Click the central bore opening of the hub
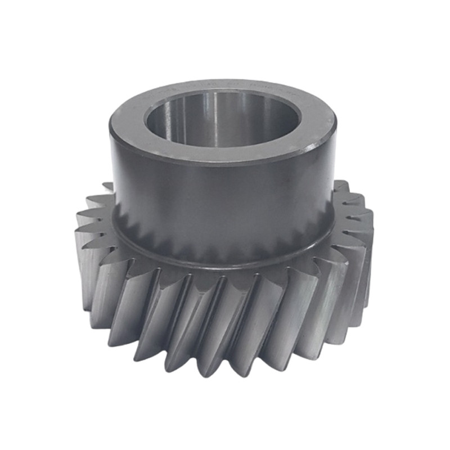[x=222, y=121]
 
